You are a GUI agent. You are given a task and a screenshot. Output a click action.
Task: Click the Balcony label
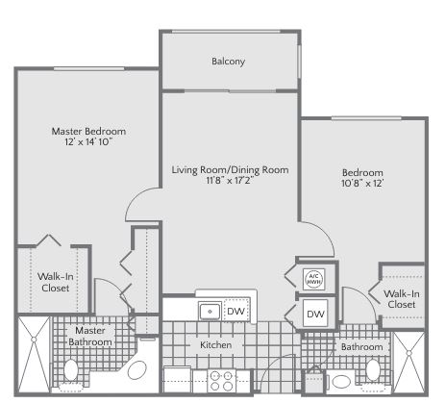(228, 62)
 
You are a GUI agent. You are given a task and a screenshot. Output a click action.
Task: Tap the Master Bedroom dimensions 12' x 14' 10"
(88, 141)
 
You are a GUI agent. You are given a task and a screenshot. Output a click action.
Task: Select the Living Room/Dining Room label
(230, 169)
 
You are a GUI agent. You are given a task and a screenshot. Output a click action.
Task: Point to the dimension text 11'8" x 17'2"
(230, 181)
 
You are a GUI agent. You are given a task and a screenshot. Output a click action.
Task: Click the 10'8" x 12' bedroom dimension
(362, 183)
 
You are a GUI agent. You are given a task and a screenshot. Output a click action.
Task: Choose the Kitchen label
(215, 345)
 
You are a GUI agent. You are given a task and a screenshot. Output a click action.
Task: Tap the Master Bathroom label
(90, 337)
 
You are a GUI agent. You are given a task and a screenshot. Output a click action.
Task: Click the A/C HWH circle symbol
(314, 279)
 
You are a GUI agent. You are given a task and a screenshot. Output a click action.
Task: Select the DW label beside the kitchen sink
(236, 311)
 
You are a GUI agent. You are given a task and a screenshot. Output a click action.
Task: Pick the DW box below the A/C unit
(315, 314)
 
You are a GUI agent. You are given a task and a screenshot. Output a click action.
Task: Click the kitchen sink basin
(210, 312)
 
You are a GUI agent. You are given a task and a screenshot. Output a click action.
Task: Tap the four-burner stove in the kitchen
(221, 381)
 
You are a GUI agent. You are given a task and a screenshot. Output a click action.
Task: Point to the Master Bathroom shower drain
(34, 339)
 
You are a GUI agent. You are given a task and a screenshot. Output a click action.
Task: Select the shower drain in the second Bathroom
(409, 353)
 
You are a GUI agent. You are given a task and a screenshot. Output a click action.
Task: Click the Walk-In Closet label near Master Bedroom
(55, 282)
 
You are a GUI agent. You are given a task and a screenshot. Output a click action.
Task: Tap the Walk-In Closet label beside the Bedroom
(402, 299)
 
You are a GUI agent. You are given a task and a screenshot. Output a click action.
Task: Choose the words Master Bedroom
(88, 131)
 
